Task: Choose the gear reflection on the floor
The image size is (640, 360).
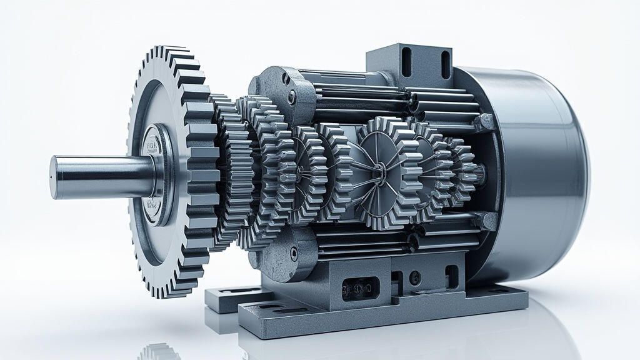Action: (159, 352)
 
